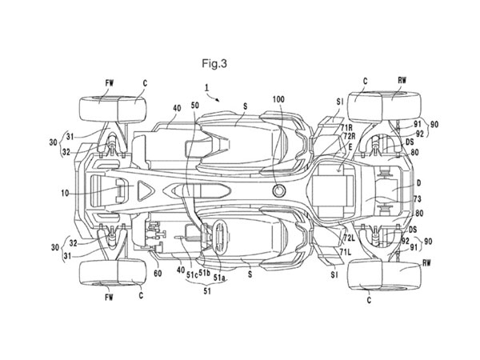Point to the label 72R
350,138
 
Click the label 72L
350,238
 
